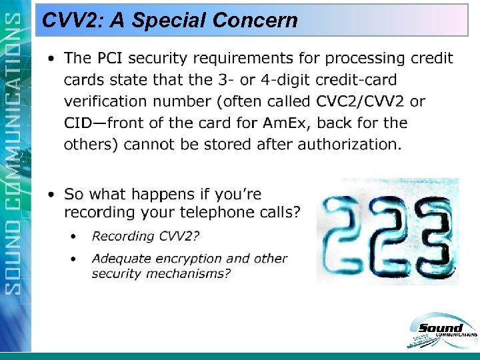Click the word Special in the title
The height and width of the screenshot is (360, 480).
[x=169, y=21]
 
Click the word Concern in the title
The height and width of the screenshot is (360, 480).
[x=255, y=21]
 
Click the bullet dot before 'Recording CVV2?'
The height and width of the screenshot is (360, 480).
[x=75, y=236]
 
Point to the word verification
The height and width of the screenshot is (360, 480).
[x=104, y=101]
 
